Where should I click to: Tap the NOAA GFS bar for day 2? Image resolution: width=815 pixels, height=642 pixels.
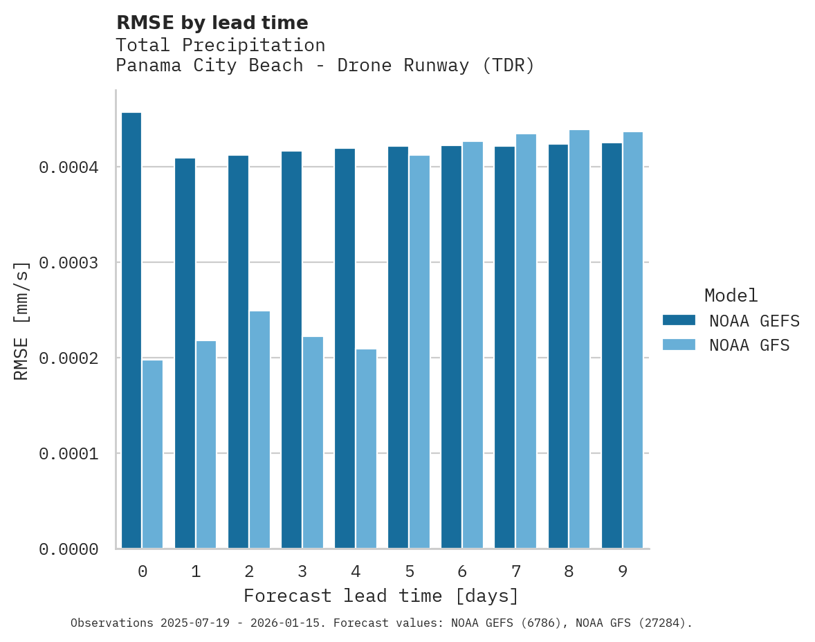pyautogui.click(x=259, y=430)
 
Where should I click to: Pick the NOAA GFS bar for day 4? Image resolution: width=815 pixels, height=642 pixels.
pyautogui.click(x=366, y=449)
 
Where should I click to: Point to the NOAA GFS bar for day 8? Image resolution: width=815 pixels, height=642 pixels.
pyautogui.click(x=579, y=339)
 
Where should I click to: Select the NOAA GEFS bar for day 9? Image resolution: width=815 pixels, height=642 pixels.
pyautogui.click(x=612, y=346)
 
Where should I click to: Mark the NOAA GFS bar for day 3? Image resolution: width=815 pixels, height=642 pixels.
pyautogui.click(x=313, y=443)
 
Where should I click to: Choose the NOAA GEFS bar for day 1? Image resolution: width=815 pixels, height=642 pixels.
pyautogui.click(x=185, y=354)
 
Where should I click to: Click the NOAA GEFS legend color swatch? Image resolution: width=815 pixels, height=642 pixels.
pyautogui.click(x=678, y=320)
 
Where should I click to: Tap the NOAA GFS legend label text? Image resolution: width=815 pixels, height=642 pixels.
pyautogui.click(x=749, y=345)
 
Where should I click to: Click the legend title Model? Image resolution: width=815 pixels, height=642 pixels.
pyautogui.click(x=731, y=295)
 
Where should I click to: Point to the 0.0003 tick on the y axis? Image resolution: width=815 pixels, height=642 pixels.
pyautogui.click(x=68, y=263)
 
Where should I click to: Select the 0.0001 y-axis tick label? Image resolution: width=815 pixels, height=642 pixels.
pyautogui.click(x=68, y=454)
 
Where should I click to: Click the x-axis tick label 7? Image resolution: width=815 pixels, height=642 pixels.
pyautogui.click(x=516, y=571)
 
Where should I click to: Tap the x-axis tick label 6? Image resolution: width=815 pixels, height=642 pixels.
pyautogui.click(x=462, y=571)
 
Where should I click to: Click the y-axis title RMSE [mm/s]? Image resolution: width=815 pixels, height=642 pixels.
pyautogui.click(x=21, y=320)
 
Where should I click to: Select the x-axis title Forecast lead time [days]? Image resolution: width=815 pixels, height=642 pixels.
pyautogui.click(x=381, y=596)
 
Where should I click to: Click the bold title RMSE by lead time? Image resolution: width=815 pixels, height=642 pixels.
pyautogui.click(x=212, y=23)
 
